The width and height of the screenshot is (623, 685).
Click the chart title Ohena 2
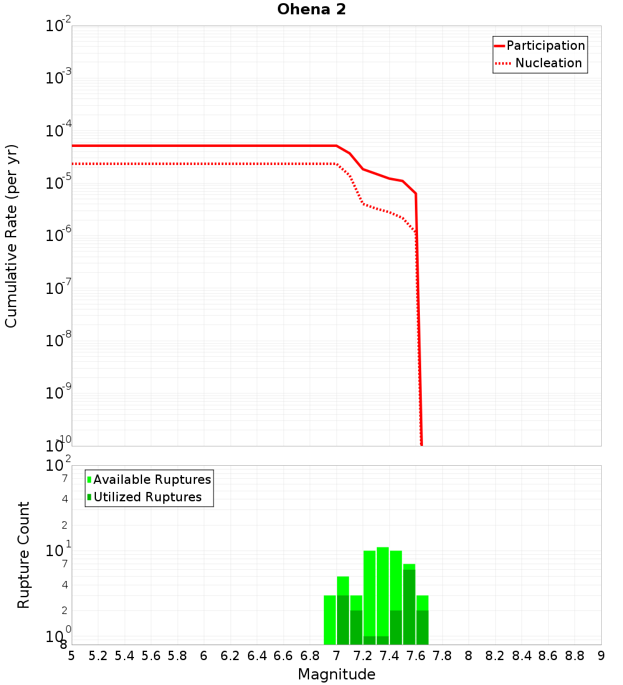click(x=311, y=9)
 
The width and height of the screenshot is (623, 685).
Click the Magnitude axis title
click(x=336, y=674)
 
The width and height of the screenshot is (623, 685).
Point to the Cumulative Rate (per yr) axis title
click(x=11, y=235)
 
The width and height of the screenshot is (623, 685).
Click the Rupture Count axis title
click(x=24, y=555)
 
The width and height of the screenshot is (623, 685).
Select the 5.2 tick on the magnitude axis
click(x=98, y=656)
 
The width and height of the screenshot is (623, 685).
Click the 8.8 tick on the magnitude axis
click(x=575, y=656)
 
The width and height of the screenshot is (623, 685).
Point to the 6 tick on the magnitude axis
click(x=204, y=656)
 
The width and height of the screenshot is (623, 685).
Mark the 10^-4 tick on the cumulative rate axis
click(x=59, y=131)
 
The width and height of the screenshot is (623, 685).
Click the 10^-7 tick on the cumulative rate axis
click(x=59, y=288)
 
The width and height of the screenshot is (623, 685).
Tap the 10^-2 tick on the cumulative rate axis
click(x=59, y=26)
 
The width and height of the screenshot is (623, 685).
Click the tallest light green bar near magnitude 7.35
click(x=383, y=592)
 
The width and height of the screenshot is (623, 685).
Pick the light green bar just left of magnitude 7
click(x=330, y=620)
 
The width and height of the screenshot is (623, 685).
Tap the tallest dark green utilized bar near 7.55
click(x=409, y=607)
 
